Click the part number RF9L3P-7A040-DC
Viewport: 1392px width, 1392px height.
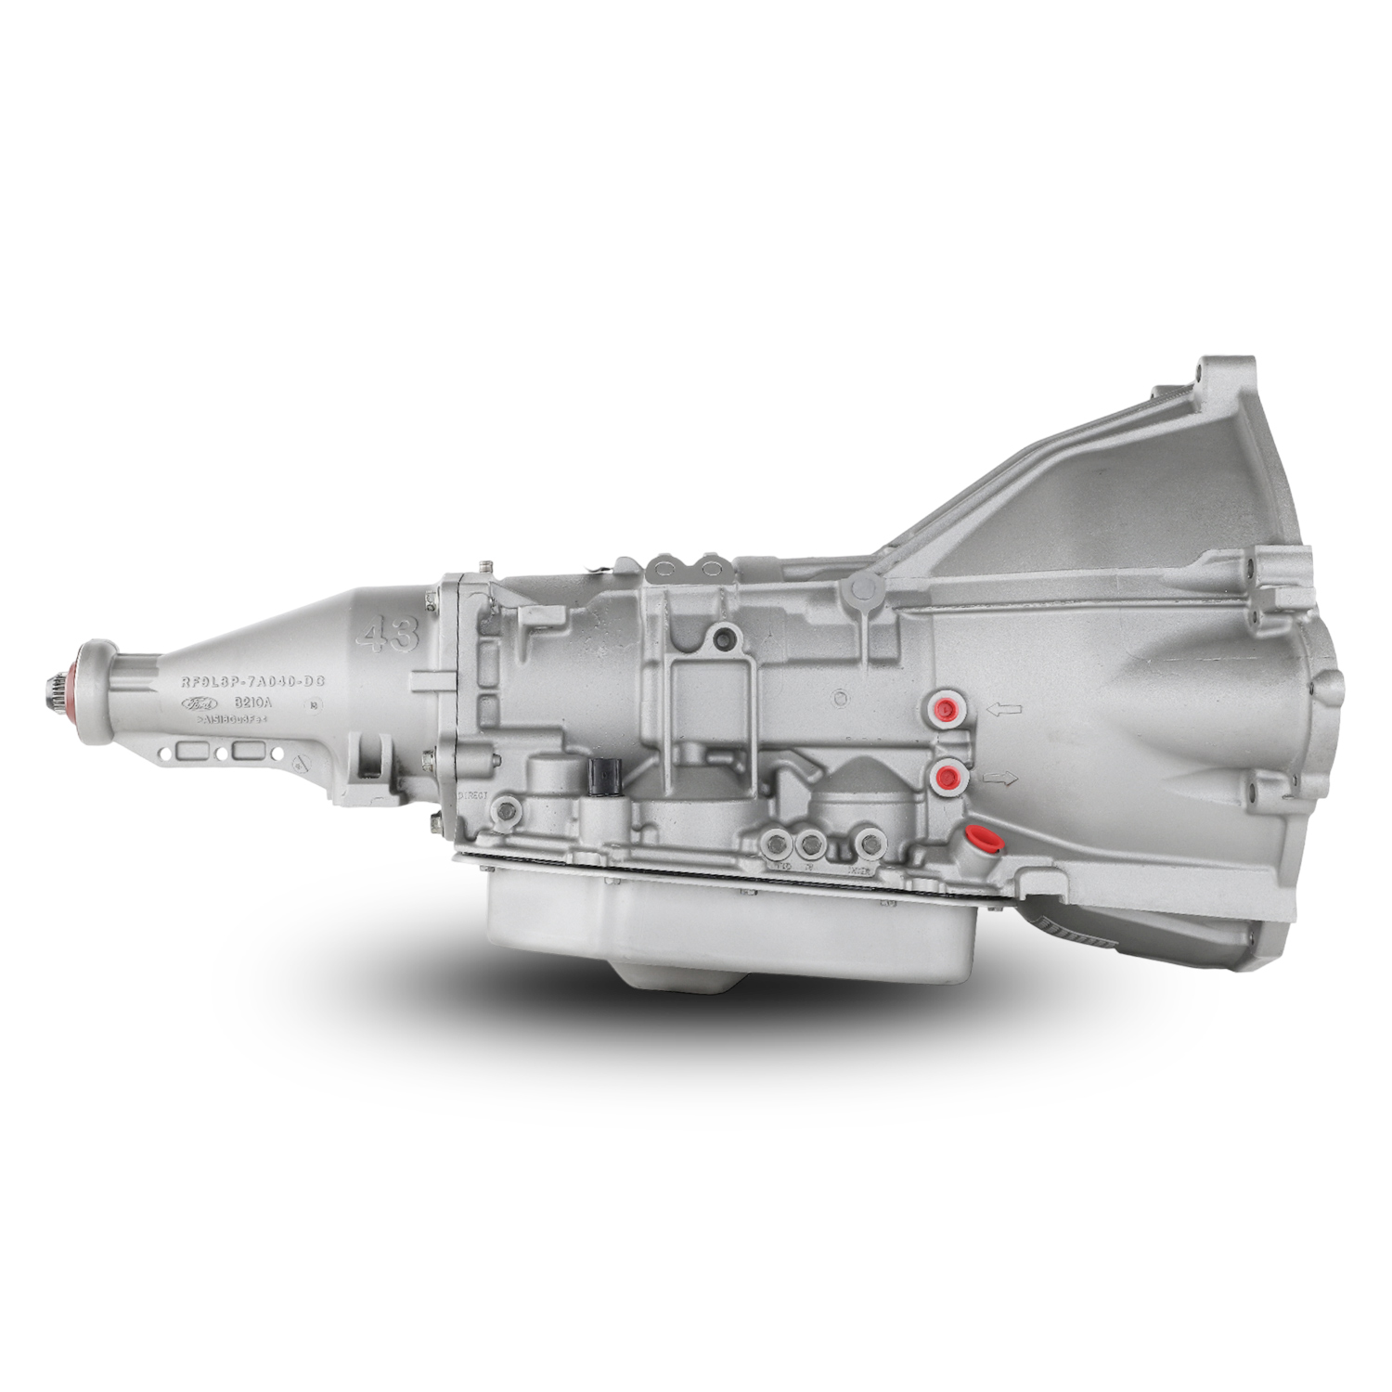252,682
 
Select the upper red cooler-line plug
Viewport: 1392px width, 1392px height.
947,710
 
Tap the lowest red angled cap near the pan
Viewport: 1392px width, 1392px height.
980,840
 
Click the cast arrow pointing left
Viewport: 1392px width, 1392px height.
1004,710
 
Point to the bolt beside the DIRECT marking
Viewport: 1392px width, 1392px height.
507,810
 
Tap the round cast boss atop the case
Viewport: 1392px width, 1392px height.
863,587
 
